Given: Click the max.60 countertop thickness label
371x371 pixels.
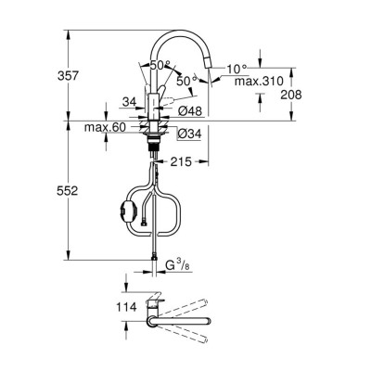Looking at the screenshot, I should point(104,126).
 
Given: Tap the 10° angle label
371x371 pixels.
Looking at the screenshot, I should point(236,69).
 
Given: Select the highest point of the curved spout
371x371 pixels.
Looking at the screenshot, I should point(182,30).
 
